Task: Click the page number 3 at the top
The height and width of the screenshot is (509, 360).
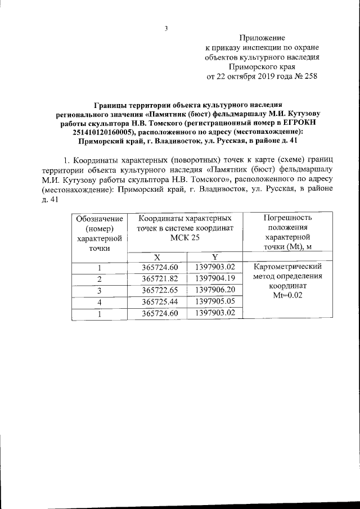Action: pyautogui.click(x=166, y=29)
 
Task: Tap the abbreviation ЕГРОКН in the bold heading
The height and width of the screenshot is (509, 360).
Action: pyautogui.click(x=314, y=123)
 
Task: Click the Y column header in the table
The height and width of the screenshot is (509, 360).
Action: pyautogui.click(x=215, y=256)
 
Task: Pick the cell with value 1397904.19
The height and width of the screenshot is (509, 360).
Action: pyautogui.click(x=215, y=278)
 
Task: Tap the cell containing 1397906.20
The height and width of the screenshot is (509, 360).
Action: pyautogui.click(x=215, y=290)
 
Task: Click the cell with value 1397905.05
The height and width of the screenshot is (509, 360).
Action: pyautogui.click(x=215, y=301)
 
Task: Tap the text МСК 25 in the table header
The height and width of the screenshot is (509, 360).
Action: pyautogui.click(x=184, y=238)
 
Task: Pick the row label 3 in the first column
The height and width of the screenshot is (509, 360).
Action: pyautogui.click(x=99, y=290)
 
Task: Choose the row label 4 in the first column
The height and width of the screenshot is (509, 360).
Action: pyautogui.click(x=99, y=302)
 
